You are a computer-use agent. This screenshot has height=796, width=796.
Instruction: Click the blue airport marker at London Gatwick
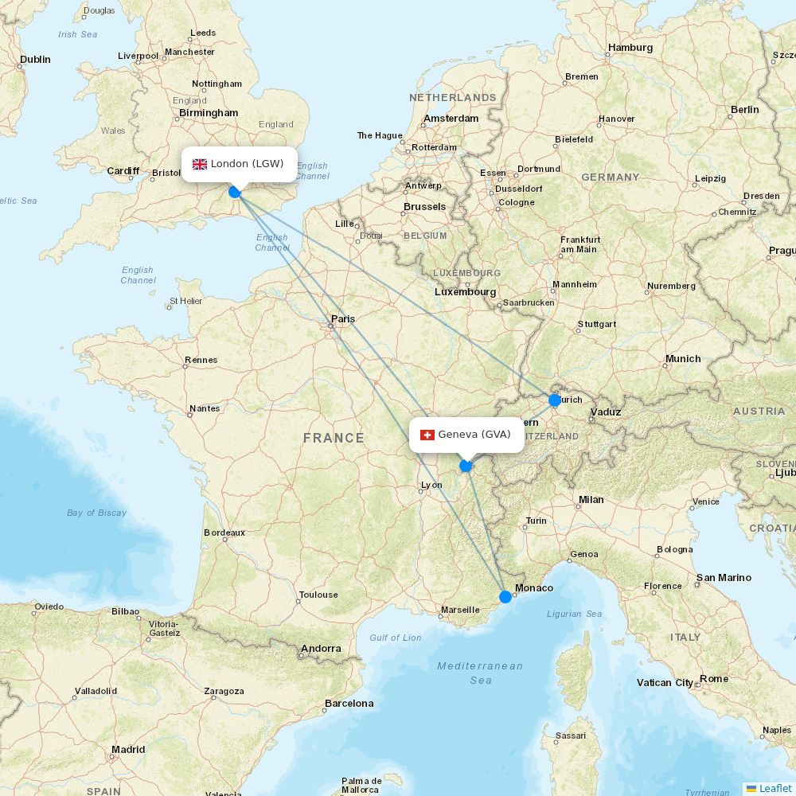235,192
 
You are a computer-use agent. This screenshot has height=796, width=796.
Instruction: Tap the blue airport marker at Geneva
466,466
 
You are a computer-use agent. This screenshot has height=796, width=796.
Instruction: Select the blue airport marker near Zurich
555,400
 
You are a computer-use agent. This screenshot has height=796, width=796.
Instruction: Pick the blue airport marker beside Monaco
505,596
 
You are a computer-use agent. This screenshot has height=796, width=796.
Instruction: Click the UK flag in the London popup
200,164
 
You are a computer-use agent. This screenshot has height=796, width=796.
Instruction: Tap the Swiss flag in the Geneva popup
427,435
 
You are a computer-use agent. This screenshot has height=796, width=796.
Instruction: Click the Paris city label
343,319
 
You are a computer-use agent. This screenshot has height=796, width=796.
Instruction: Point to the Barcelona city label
349,704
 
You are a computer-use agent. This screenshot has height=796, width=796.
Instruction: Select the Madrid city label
128,750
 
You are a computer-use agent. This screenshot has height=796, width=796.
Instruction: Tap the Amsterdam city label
451,119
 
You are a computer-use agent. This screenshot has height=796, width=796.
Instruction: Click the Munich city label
683,359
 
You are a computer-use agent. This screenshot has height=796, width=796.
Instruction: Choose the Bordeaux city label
224,533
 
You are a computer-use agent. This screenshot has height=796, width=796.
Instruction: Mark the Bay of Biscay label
96,513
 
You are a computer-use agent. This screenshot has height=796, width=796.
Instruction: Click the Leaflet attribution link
775,788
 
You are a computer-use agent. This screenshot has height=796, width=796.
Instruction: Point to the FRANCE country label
334,438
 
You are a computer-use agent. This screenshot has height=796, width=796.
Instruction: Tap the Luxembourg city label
465,292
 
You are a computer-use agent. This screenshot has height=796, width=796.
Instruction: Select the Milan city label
591,500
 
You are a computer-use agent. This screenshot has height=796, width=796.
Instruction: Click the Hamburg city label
630,48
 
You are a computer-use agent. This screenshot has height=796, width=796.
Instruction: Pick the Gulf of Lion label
396,638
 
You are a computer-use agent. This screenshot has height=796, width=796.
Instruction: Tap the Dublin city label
35,60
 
